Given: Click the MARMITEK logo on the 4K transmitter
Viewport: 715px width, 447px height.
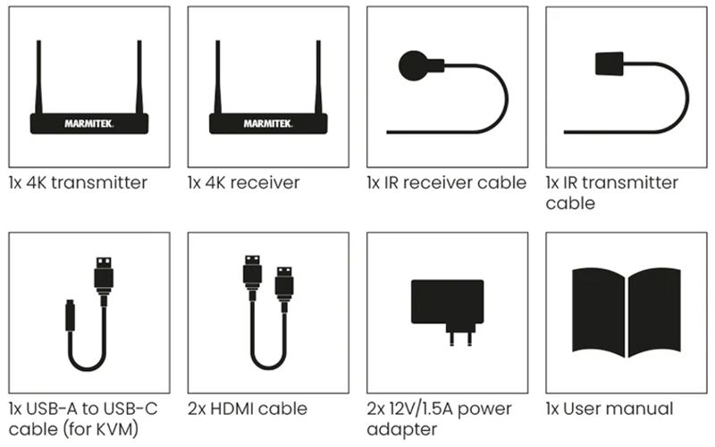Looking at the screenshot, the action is [88, 123].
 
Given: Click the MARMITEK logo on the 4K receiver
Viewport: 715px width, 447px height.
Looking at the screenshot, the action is [268, 123].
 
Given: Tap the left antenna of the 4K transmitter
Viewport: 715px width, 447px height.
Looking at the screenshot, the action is [38, 77].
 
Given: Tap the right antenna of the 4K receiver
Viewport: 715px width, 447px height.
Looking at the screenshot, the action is [318, 77].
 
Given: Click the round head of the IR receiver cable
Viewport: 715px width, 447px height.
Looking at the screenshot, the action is [414, 65].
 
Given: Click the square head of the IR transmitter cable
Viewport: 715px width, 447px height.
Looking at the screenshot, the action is [610, 63].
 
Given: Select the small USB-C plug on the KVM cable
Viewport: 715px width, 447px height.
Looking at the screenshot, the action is [70, 316].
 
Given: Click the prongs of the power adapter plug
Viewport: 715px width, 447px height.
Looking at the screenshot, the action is [460, 339].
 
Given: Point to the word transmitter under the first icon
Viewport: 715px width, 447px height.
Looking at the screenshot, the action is [99, 182].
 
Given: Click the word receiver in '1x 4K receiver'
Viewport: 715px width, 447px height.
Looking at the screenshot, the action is [265, 183].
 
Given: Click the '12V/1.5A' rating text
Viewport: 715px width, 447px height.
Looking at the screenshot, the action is [421, 409].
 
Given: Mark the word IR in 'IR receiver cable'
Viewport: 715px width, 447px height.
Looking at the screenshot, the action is [391, 183].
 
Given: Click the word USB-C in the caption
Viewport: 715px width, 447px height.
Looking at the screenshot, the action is [130, 409].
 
